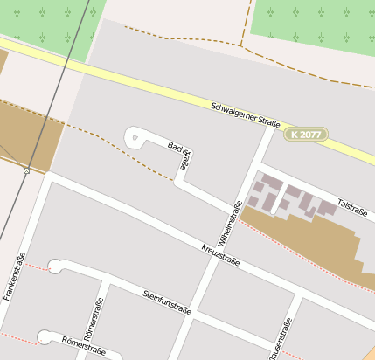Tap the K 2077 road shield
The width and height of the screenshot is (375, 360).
[x=305, y=135]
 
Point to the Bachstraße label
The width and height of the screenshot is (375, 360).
[x=179, y=154]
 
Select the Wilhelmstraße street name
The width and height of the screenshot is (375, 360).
[x=231, y=221]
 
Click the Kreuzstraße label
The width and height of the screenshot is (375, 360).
[x=220, y=254]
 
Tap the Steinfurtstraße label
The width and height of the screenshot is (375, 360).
[x=167, y=301]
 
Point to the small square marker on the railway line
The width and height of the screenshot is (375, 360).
[x=27, y=170]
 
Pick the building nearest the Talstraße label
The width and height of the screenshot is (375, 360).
[x=325, y=208]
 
